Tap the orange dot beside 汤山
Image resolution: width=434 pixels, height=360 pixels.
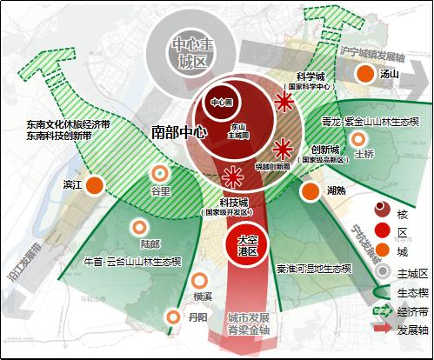364,76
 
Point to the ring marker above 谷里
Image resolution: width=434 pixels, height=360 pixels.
160,173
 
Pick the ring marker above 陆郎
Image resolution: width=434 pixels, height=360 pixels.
137,227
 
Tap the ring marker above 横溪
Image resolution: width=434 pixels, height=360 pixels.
200,281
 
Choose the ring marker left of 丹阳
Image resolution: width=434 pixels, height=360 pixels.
174,316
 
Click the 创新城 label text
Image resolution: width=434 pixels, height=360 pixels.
323,150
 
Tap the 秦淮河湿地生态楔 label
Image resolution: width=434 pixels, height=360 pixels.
314,270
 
